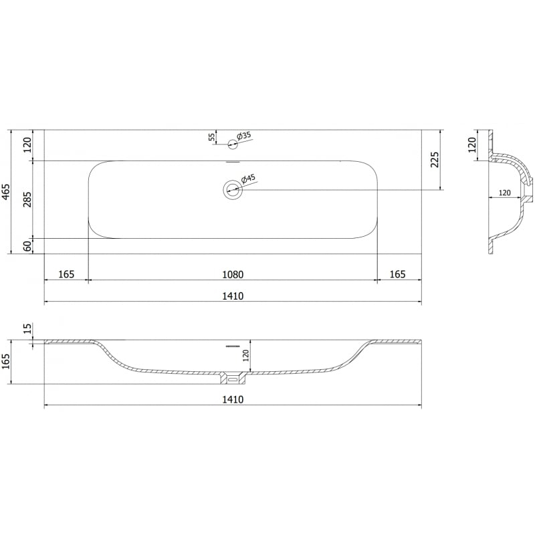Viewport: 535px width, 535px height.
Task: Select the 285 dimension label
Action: point(27,199)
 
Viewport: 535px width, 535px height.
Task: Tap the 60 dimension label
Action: point(27,246)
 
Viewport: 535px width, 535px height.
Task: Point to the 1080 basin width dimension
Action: point(233,274)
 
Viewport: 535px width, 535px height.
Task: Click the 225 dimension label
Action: point(435,160)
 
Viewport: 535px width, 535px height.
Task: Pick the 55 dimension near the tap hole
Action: point(211,137)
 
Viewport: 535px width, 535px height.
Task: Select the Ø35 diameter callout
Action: point(243,136)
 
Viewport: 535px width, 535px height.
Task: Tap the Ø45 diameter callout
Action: point(247,179)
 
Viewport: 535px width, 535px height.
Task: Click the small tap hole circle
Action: point(233,144)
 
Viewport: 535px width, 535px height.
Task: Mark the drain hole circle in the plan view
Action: point(233,190)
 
